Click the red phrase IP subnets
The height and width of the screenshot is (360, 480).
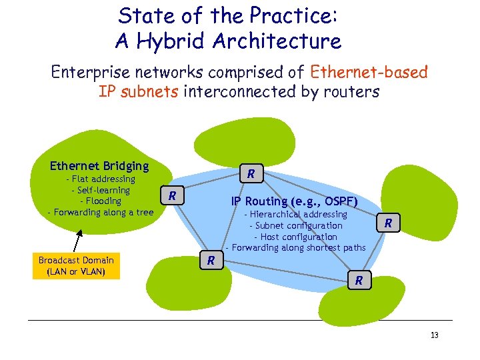coord(138,91)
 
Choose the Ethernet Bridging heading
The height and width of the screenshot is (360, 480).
coord(99,166)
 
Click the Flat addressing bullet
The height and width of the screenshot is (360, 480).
coord(100,179)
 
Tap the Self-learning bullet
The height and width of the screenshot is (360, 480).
coord(100,190)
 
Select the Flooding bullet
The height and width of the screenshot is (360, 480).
coord(100,201)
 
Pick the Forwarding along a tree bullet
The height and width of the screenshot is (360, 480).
coord(100,212)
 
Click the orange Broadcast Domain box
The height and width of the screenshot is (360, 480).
coord(75,266)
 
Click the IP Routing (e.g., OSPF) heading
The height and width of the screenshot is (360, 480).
coord(294,201)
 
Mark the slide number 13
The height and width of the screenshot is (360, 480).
coord(434,335)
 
